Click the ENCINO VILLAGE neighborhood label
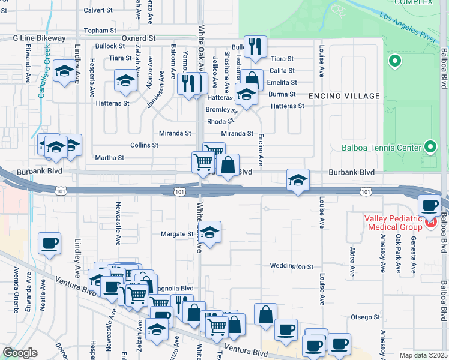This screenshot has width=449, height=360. [344, 96]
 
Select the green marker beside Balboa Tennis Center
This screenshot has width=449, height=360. [430, 146]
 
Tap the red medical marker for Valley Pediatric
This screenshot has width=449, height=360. [430, 223]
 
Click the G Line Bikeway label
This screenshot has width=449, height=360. [40, 38]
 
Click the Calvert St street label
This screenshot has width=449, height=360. [98, 10]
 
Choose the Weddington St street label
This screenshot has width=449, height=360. [292, 266]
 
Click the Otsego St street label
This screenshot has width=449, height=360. [366, 316]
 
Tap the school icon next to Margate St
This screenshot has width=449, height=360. [209, 232]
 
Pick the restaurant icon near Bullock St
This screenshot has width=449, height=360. [255, 46]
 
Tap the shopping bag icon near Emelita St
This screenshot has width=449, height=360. [253, 80]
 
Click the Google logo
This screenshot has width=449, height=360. [20, 353]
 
